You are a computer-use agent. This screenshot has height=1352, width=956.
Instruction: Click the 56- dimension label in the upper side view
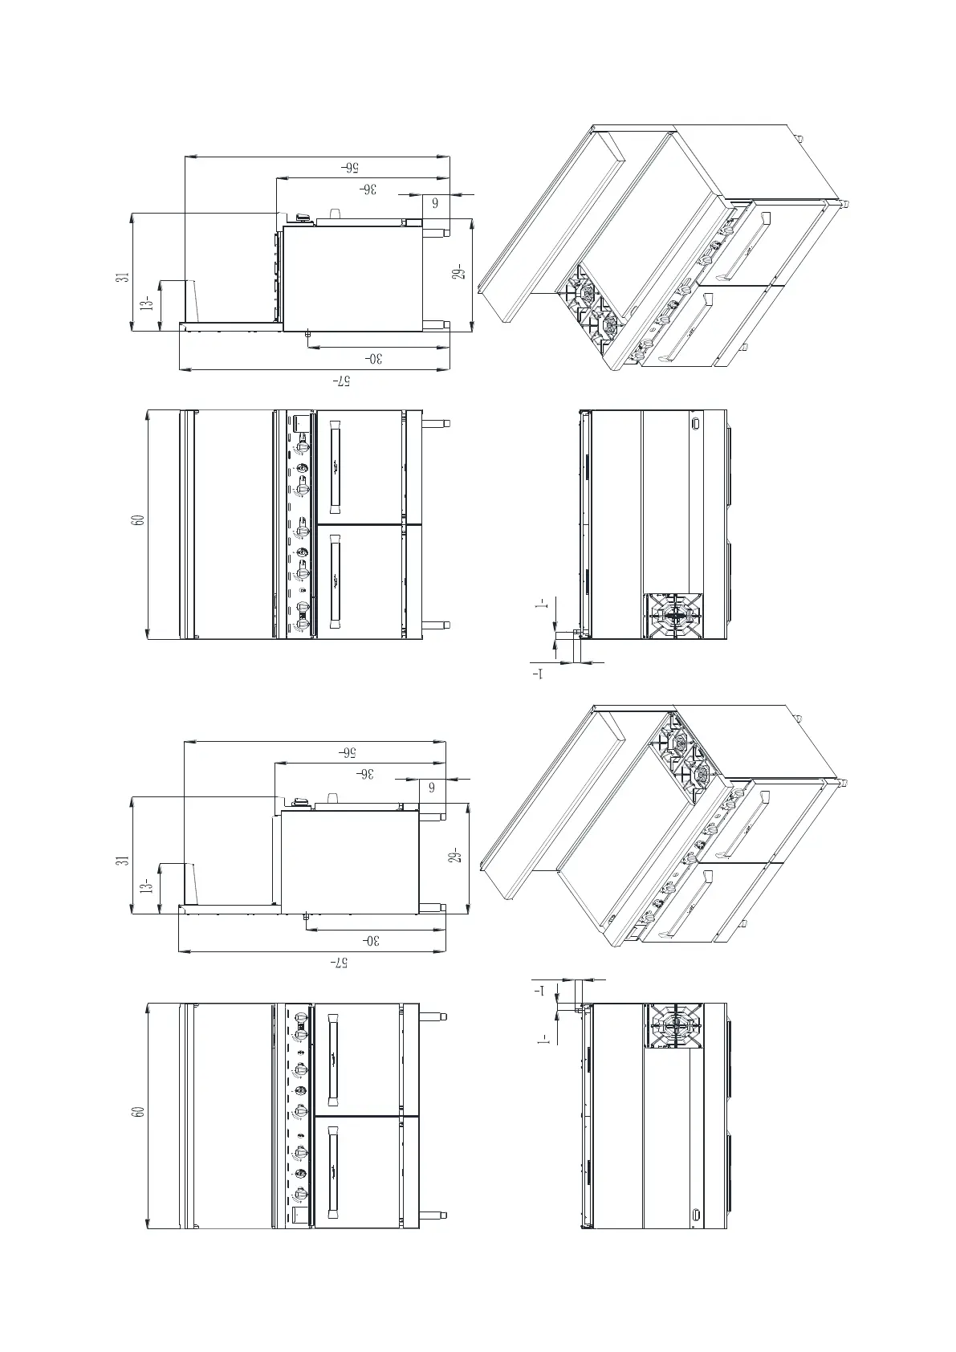pyautogui.click(x=351, y=168)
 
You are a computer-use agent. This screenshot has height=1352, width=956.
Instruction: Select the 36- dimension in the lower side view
pyautogui.click(x=366, y=774)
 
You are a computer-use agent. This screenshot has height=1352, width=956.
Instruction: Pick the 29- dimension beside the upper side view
pyautogui.click(x=459, y=273)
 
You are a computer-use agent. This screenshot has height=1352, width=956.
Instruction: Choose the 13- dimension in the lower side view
pyautogui.click(x=145, y=886)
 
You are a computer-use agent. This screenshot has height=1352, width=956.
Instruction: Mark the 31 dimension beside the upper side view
pyautogui.click(x=121, y=277)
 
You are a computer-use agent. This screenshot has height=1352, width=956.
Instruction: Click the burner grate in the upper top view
pyautogui.click(x=674, y=616)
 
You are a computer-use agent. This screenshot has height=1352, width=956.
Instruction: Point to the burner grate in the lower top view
pyautogui.click(x=674, y=1026)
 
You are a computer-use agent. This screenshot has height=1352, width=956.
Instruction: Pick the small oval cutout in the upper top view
pyautogui.click(x=696, y=422)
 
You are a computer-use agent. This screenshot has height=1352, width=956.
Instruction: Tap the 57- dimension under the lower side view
pyautogui.click(x=340, y=962)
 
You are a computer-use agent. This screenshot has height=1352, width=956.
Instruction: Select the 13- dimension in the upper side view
pyautogui.click(x=145, y=303)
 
